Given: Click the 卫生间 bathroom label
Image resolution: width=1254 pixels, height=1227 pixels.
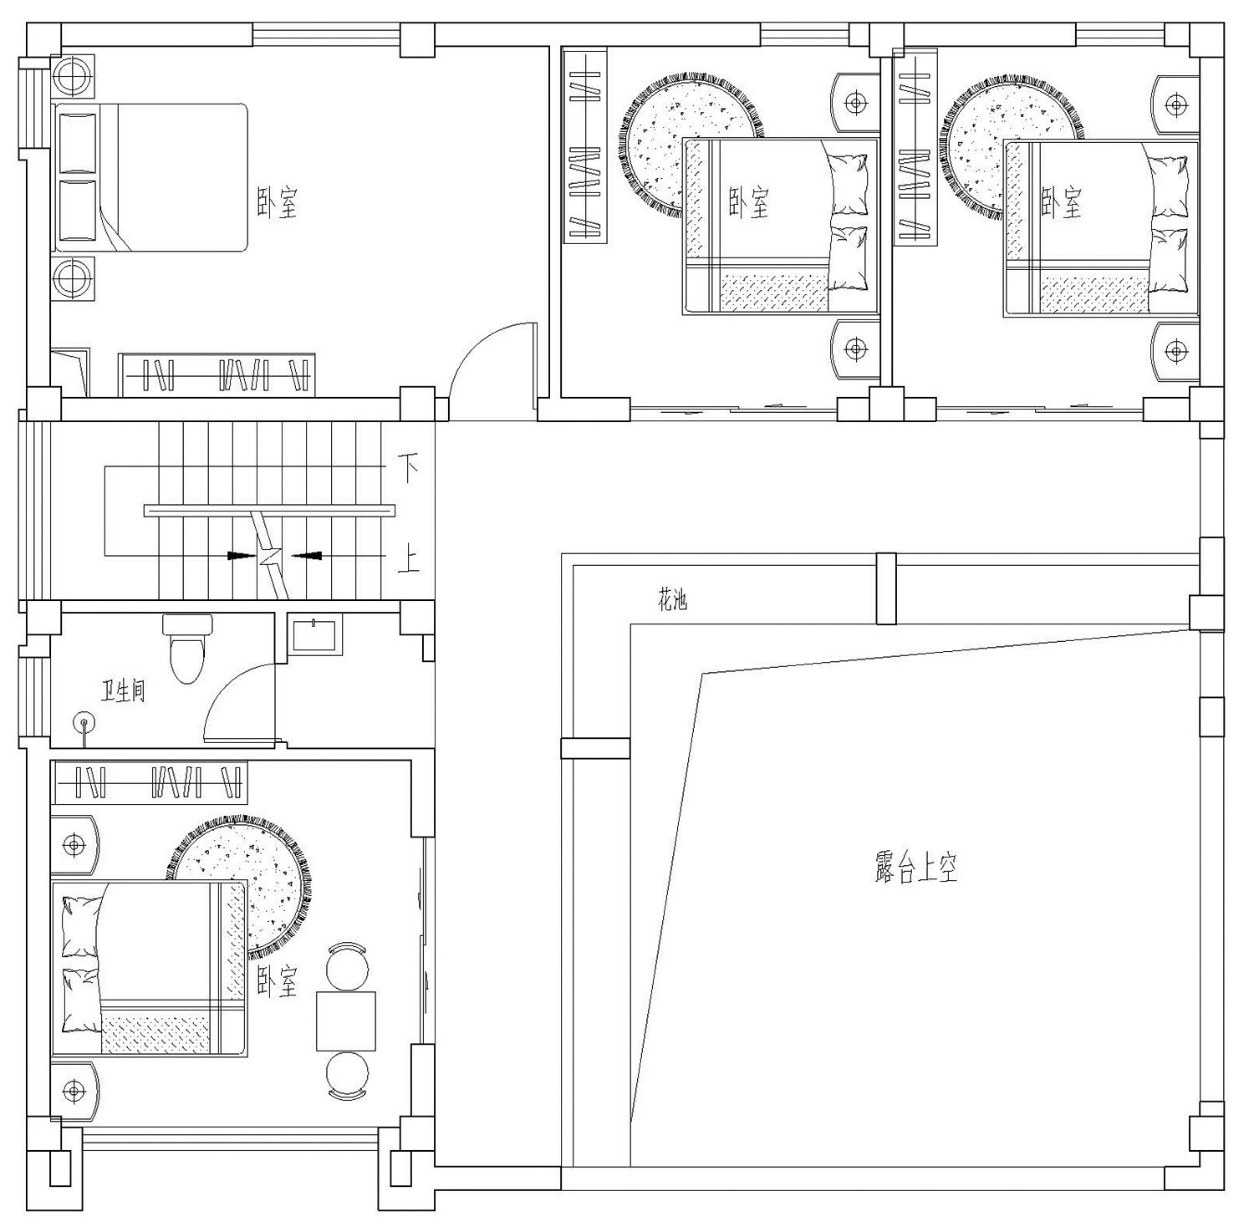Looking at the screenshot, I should pyautogui.click(x=124, y=691).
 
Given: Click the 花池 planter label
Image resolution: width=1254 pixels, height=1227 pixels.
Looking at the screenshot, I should pyautogui.click(x=672, y=599).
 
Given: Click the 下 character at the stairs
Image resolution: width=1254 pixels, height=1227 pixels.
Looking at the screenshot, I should pyautogui.click(x=407, y=469).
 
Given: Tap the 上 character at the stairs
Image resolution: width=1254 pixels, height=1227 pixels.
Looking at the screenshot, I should pyautogui.click(x=407, y=558).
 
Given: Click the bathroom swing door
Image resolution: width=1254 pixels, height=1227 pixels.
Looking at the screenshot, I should pyautogui.click(x=241, y=702).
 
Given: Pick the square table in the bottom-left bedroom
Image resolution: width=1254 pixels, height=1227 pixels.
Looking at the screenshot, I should pyautogui.click(x=346, y=1021).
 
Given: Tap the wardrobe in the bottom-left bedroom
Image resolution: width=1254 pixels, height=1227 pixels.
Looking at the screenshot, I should pyautogui.click(x=150, y=783).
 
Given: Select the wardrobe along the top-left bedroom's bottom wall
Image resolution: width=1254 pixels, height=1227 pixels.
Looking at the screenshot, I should pyautogui.click(x=217, y=374).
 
